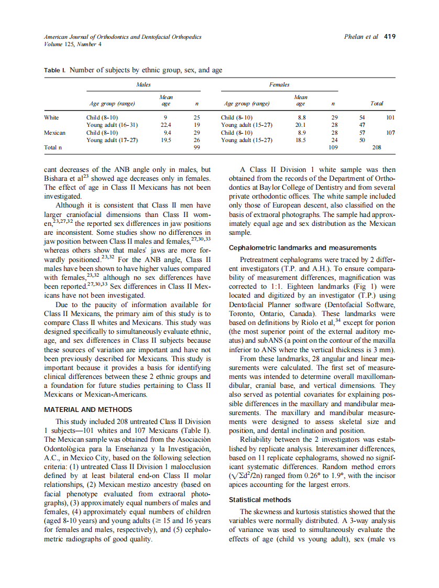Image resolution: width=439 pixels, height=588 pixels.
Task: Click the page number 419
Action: click(390, 37)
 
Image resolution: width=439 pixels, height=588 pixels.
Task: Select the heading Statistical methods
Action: click(260, 499)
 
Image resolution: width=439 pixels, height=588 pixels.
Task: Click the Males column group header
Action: click(143, 84)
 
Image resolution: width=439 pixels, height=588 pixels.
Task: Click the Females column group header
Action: click(279, 84)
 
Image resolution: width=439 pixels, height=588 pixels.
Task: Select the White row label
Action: click(51, 118)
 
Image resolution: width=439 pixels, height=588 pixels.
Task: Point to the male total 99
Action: click(197, 148)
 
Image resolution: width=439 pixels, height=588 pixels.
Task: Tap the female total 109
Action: click(333, 148)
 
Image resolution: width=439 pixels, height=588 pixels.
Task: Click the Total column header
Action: click(376, 103)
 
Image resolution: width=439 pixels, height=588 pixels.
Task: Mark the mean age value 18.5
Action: click(301, 140)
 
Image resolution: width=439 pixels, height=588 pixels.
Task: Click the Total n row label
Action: click(53, 148)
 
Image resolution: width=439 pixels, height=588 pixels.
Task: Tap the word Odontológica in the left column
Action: click(68, 449)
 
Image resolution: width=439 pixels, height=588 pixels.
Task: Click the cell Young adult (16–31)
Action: click(112, 125)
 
